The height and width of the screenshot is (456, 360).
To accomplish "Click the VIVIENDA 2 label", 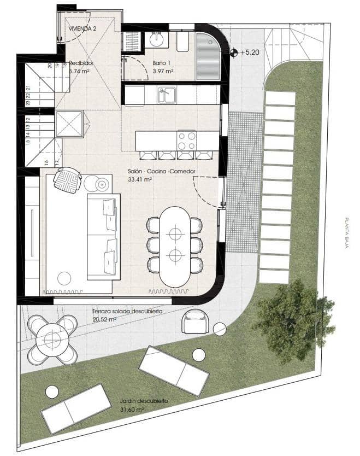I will tap(82, 28).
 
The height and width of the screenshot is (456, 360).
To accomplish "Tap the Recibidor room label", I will tap(81, 63).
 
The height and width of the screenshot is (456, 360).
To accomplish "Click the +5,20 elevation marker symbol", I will tap(234, 53).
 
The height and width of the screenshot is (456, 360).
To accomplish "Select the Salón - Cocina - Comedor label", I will tap(161, 171).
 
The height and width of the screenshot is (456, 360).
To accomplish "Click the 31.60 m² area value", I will tap(133, 409).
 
